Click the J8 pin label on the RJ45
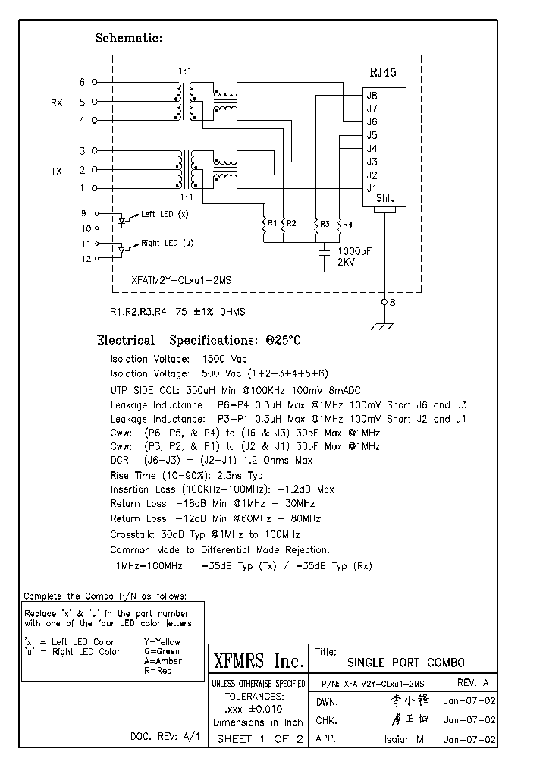click(372, 96)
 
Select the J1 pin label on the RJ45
click(372, 188)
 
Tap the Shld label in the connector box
click(385, 200)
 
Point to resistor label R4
click(347, 224)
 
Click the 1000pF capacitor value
click(354, 250)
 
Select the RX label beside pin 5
click(56, 102)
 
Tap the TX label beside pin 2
click(56, 172)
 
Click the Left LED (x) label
click(164, 215)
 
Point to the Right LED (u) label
click(167, 244)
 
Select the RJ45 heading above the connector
click(382, 73)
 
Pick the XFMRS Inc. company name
click(257, 661)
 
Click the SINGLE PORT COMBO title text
click(406, 663)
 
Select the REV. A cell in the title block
click(474, 683)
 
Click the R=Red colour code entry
click(158, 671)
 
